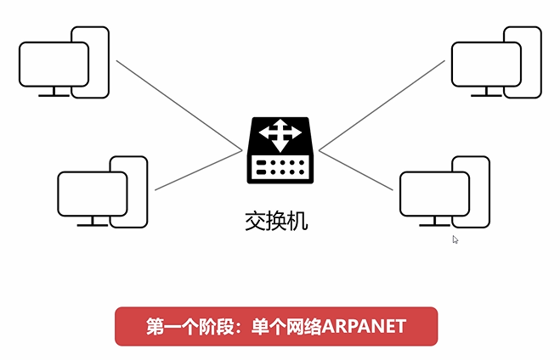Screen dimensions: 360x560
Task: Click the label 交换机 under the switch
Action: [272, 222]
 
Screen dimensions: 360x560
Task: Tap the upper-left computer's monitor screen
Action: [53, 64]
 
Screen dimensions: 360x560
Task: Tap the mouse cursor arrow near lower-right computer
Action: [455, 240]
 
